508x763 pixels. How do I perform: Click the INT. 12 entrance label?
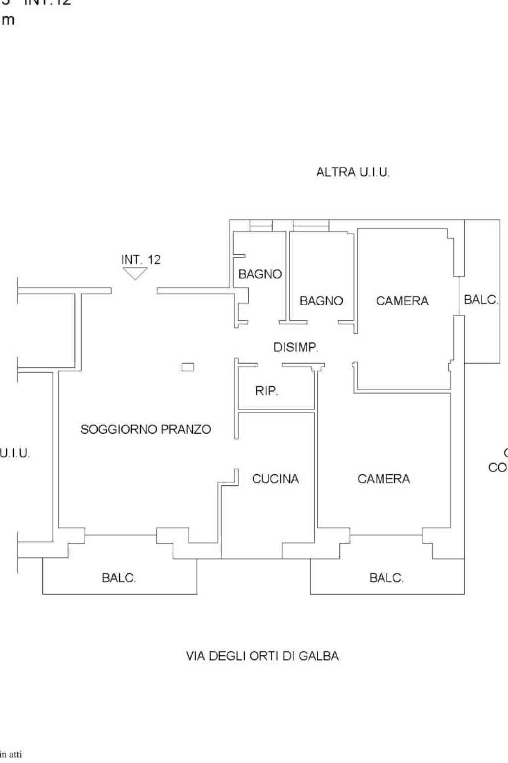[x=141, y=259]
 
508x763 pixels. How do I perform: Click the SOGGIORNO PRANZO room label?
[x=146, y=429]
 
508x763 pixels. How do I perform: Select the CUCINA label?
[x=275, y=479]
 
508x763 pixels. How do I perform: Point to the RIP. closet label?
[x=267, y=391]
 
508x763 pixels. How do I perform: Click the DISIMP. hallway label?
[x=296, y=347]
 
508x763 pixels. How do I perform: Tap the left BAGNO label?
[x=260, y=274]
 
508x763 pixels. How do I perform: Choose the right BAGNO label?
[x=321, y=301]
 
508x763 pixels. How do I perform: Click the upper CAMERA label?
[x=402, y=301]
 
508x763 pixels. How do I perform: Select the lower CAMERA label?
[x=383, y=479]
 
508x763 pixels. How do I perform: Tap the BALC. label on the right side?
[x=481, y=300]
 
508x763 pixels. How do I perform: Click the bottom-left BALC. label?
[x=119, y=578]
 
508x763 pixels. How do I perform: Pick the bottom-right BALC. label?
[x=386, y=578]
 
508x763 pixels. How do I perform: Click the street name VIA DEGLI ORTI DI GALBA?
[x=262, y=656]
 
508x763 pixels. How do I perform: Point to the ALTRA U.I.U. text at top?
[x=353, y=172]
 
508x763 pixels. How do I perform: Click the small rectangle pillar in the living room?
[x=188, y=367]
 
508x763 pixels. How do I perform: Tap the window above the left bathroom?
[x=260, y=226]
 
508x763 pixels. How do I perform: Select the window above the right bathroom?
[x=311, y=226]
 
